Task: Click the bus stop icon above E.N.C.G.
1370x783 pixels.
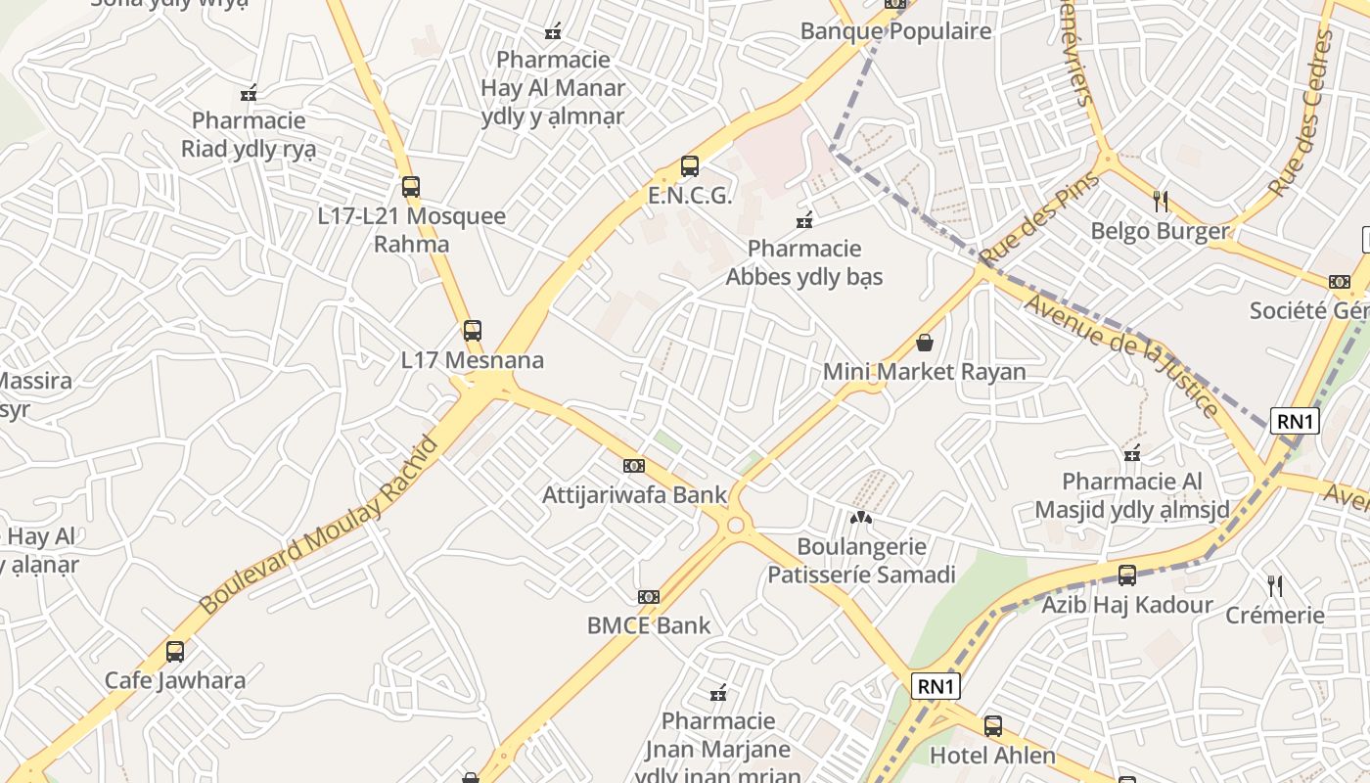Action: pyautogui.click(x=690, y=166)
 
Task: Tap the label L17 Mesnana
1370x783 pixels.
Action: pyautogui.click(x=473, y=360)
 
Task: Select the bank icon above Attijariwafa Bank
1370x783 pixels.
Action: pyautogui.click(x=634, y=466)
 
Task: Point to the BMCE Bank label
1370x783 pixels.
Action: pyautogui.click(x=649, y=625)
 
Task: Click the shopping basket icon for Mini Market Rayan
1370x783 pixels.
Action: pyautogui.click(x=925, y=343)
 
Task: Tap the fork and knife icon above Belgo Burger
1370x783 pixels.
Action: pyautogui.click(x=1161, y=202)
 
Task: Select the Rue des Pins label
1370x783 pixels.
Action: pyautogui.click(x=1039, y=217)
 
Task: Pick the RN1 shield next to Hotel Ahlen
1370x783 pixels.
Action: pyautogui.click(x=936, y=686)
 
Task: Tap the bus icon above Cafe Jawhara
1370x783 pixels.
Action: pyautogui.click(x=175, y=651)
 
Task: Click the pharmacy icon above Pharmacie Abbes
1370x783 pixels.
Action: pyautogui.click(x=804, y=220)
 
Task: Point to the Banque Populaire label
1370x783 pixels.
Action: pyautogui.click(x=895, y=31)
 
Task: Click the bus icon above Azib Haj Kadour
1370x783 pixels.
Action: pyautogui.click(x=1127, y=576)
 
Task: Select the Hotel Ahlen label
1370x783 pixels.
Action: pyautogui.click(x=992, y=756)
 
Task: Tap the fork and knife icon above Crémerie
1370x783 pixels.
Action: pyautogui.click(x=1275, y=586)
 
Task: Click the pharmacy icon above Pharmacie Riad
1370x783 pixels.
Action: pyautogui.click(x=249, y=93)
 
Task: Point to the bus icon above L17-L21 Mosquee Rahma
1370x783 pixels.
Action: pyautogui.click(x=411, y=187)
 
